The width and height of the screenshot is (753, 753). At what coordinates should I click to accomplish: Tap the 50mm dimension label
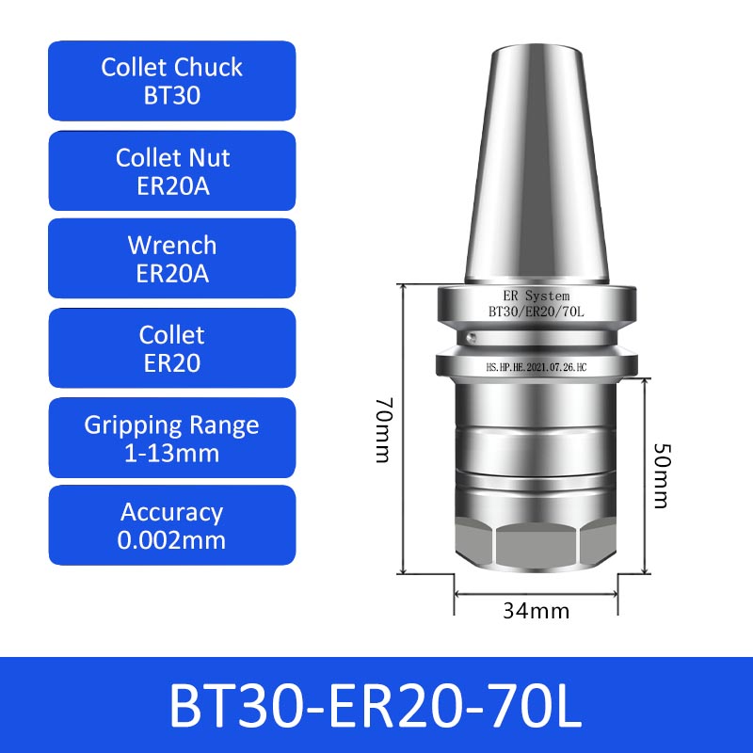pos(663,475)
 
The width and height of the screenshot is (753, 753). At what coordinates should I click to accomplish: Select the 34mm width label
pos(536,611)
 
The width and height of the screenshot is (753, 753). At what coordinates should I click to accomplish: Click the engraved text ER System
pos(537,296)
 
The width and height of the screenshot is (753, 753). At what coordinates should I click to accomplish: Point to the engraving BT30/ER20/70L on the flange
pos(537,312)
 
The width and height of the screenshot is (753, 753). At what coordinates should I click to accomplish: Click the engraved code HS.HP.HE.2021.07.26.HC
pos(537,367)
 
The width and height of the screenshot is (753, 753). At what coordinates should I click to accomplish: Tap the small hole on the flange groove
pos(473,338)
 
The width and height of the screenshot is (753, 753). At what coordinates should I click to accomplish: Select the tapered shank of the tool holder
pos(537,163)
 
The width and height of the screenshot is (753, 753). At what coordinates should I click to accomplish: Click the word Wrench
pos(172,246)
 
